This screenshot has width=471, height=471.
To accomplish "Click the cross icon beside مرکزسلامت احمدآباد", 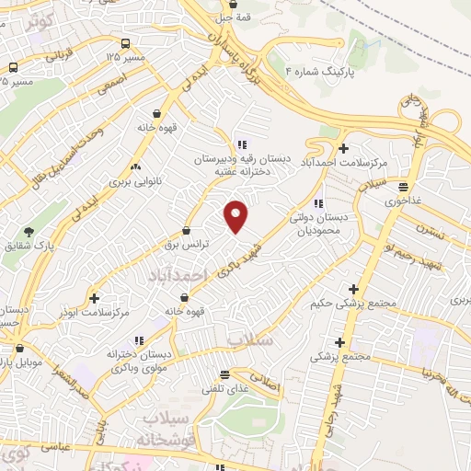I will click(x=343, y=148).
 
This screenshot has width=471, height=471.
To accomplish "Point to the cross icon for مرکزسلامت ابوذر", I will click(x=94, y=298).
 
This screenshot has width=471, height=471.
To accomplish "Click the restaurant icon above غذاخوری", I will click(x=402, y=187).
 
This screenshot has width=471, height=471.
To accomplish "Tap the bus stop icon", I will click(x=13, y=68).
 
